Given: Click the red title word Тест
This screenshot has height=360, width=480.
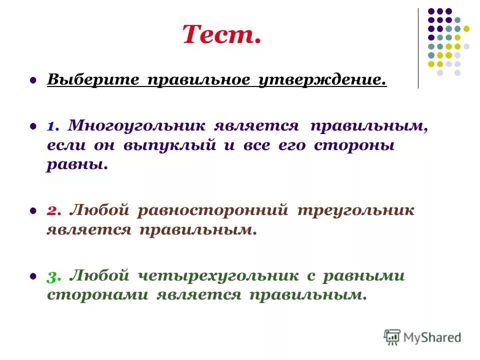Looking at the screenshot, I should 221,35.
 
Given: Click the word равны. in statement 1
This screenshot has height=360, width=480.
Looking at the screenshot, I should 77,164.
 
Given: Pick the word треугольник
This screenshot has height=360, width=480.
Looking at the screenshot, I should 355,210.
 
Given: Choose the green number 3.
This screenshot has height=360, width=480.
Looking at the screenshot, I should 54,275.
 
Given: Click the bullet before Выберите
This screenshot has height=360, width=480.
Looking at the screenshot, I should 33,79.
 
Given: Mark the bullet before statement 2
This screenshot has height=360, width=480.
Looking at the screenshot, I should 33,210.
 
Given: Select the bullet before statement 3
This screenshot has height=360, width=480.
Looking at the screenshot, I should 33,275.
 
